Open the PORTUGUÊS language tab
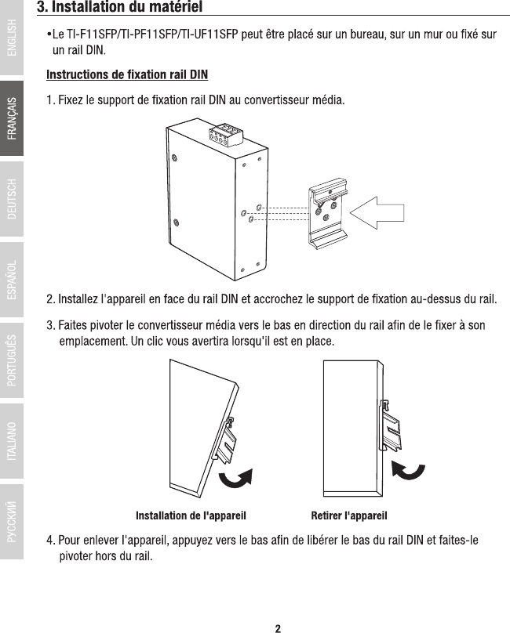12,361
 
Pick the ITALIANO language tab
12,442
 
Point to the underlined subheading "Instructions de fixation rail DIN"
127,75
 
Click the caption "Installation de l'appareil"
191,515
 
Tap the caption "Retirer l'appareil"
349,515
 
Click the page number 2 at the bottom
278,627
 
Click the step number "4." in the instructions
52,541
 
